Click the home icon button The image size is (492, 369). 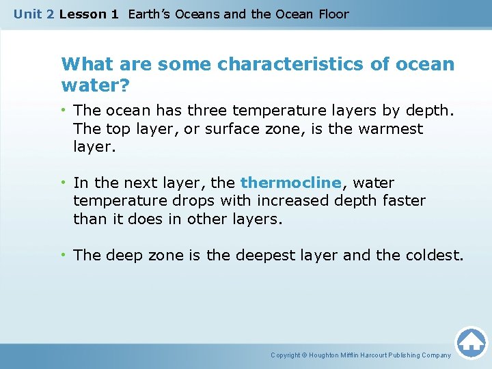[471, 342]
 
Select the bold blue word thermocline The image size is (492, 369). [290, 183]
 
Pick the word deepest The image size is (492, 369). [268, 255]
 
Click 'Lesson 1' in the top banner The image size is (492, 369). [88, 14]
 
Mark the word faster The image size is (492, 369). [402, 201]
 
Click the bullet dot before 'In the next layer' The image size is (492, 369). [65, 183]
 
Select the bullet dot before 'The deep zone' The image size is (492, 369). [65, 255]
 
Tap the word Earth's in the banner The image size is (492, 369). [152, 14]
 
